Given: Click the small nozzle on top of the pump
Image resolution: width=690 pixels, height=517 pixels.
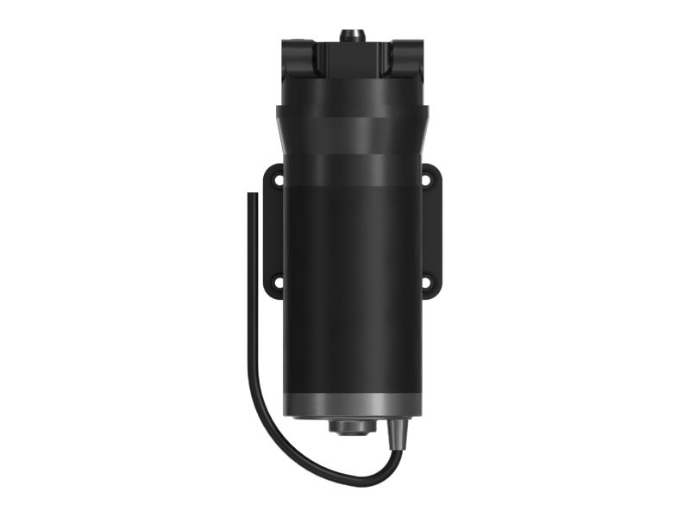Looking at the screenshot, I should (x=350, y=35).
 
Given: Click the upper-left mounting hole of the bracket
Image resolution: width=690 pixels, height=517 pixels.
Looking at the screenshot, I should (x=277, y=182).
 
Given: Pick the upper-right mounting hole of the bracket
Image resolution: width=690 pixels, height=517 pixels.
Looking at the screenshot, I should (x=425, y=181).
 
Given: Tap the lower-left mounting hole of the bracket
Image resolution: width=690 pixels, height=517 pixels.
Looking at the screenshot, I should (x=277, y=281).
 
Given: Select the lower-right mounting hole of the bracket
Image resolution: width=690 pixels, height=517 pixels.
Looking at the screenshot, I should (x=425, y=281).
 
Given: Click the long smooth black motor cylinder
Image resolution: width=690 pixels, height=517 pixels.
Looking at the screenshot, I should (x=351, y=284).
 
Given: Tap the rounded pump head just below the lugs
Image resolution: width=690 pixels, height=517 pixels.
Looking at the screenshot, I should (x=351, y=90).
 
